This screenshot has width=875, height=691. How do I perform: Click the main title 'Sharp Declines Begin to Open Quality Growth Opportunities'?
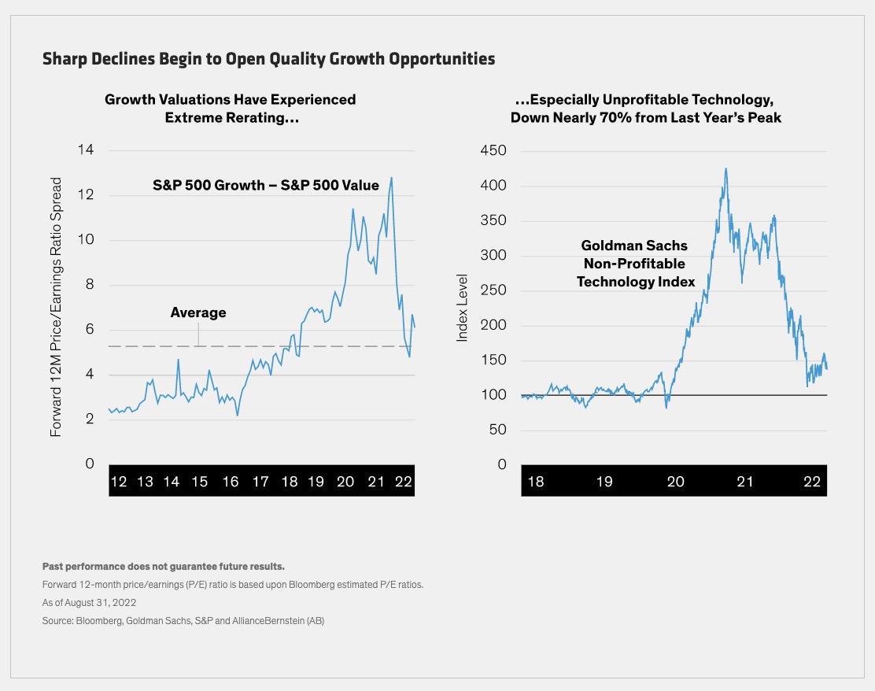[268, 59]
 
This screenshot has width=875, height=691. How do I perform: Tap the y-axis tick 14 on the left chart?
[84, 150]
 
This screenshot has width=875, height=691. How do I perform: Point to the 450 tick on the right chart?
[493, 150]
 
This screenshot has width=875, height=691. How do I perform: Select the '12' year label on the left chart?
[119, 482]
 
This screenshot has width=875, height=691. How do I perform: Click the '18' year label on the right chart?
[535, 482]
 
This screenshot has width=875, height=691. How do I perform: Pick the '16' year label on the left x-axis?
[230, 482]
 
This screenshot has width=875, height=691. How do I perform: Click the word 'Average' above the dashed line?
[198, 312]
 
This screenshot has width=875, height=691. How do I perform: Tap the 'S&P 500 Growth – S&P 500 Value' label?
[266, 186]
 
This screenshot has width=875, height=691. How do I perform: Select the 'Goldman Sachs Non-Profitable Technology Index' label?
[636, 263]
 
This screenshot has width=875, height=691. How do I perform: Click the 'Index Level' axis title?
[463, 308]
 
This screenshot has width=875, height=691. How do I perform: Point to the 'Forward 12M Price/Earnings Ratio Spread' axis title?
[57, 307]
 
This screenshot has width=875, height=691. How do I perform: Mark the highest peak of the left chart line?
[391, 178]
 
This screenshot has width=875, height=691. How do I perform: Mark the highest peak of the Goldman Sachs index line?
[725, 168]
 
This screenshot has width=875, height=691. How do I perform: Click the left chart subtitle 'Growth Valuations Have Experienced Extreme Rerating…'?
[230, 109]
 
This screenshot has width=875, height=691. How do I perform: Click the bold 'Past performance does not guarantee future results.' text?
[163, 567]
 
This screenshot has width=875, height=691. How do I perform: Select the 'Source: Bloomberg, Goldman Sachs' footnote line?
[183, 621]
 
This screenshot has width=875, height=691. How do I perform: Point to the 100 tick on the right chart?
[493, 395]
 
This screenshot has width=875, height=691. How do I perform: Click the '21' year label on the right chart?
[744, 482]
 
